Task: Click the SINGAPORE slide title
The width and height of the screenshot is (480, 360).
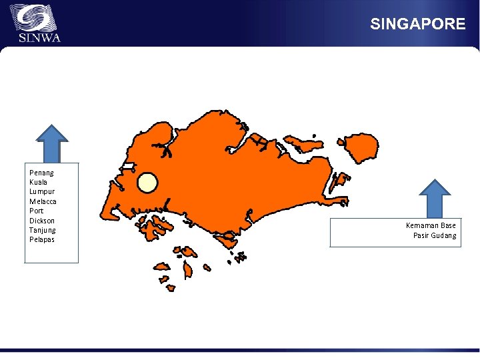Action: (x=417, y=24)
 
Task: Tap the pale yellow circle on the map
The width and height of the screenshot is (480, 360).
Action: (x=147, y=183)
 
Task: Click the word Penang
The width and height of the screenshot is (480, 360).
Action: (x=42, y=173)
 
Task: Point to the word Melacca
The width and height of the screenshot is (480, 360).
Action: (x=43, y=201)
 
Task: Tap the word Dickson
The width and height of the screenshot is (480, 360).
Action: (x=42, y=221)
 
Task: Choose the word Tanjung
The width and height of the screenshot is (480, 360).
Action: (x=43, y=230)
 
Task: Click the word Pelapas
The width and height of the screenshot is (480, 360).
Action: (x=42, y=239)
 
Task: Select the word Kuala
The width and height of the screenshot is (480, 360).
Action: (x=39, y=182)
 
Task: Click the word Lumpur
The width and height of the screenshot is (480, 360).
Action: (x=41, y=191)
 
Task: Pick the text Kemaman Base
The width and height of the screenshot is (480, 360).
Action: (x=431, y=225)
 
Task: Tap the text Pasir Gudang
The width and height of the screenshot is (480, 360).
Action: (x=435, y=235)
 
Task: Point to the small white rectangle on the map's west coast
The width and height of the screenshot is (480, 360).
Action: (x=128, y=165)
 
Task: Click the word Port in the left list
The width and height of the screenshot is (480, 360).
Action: (x=36, y=211)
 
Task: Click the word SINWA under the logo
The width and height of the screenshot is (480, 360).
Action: (x=39, y=37)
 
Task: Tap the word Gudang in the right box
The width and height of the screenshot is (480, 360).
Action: (x=443, y=235)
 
